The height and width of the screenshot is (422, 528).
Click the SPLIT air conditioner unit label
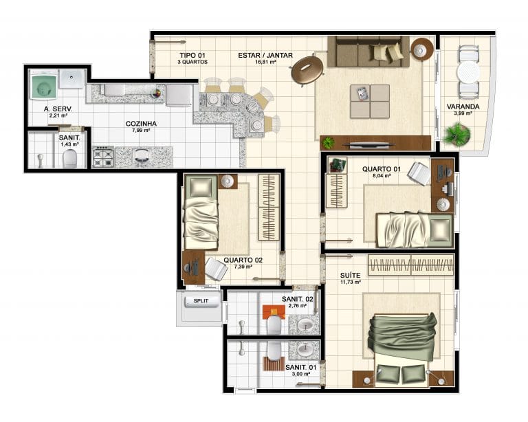click(x=201, y=301)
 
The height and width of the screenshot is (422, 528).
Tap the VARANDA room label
click(x=463, y=107)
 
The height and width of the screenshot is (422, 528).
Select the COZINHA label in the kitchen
click(x=141, y=124)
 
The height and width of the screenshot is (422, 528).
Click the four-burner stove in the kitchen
click(x=102, y=157)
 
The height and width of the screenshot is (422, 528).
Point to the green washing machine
click(x=43, y=87)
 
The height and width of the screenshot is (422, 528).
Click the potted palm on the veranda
click(x=457, y=134)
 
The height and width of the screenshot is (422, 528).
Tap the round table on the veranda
click(x=468, y=72)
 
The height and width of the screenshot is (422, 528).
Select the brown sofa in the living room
click(x=368, y=52)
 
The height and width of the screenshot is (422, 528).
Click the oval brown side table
click(x=307, y=71)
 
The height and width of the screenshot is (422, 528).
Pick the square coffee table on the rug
click(x=370, y=101)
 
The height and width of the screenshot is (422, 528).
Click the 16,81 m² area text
click(x=266, y=62)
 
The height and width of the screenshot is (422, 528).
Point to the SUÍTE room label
click(x=350, y=276)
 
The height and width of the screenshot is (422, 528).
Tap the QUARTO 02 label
click(x=243, y=260)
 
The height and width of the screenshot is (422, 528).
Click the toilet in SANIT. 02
click(x=274, y=324)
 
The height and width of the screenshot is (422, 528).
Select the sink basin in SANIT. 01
click(x=305, y=349)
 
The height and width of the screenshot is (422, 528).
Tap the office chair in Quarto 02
click(x=216, y=268)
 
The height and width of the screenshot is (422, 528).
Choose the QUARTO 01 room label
click(x=382, y=169)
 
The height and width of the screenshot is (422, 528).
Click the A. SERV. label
click(x=58, y=109)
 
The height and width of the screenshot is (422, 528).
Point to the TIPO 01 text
click(x=192, y=55)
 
